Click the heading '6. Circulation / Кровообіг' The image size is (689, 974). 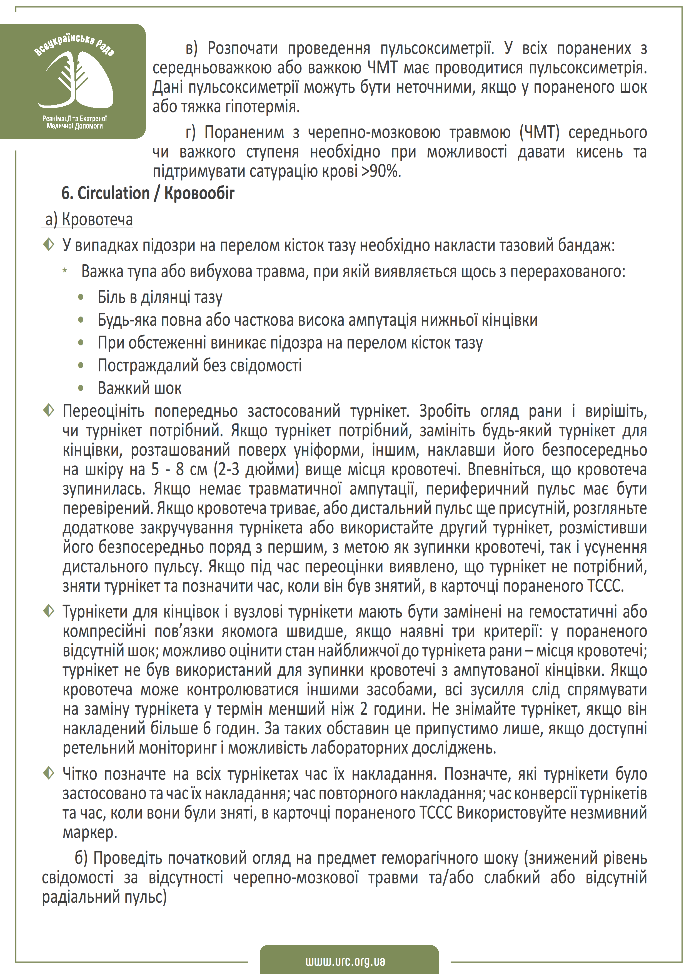coord(148,194)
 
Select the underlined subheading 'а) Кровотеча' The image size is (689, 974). coord(89,220)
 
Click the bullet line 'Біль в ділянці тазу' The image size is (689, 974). coord(160,297)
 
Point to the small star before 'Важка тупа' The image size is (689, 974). coord(65,271)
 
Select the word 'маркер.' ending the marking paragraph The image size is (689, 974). coord(89,832)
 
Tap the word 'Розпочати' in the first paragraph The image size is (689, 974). coord(243,48)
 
